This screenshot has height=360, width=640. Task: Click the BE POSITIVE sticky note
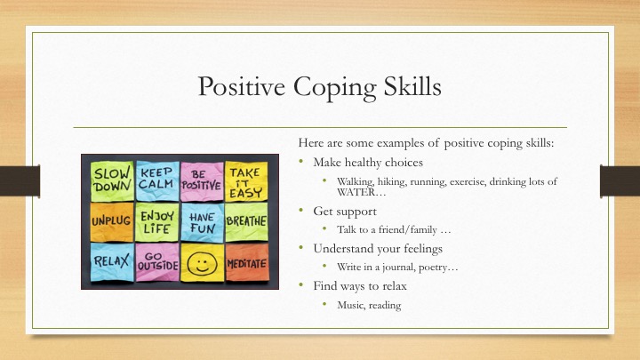point(201,179)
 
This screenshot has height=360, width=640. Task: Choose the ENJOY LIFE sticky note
point(156,220)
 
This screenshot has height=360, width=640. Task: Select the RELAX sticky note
point(111,261)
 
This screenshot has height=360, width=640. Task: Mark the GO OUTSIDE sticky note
point(157,261)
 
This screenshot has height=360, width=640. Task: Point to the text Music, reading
point(369,305)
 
